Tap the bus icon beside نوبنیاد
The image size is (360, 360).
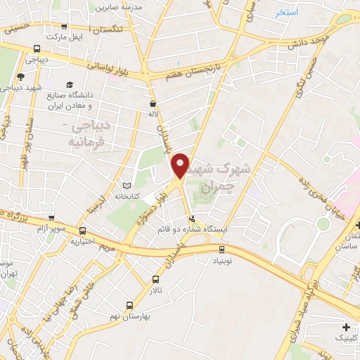click(x=222, y=248)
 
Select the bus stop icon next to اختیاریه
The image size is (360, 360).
click(x=83, y=231)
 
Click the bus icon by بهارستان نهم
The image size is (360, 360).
click(x=129, y=304)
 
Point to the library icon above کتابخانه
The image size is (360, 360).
click(x=127, y=186)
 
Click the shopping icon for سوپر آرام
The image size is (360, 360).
click(x=51, y=218)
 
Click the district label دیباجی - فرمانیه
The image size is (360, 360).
click(x=88, y=134)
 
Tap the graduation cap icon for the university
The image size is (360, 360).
click(x=70, y=84)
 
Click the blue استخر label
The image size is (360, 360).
click(x=287, y=13)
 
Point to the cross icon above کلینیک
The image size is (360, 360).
click(x=346, y=327)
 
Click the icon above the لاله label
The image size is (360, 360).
click(x=152, y=101)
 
